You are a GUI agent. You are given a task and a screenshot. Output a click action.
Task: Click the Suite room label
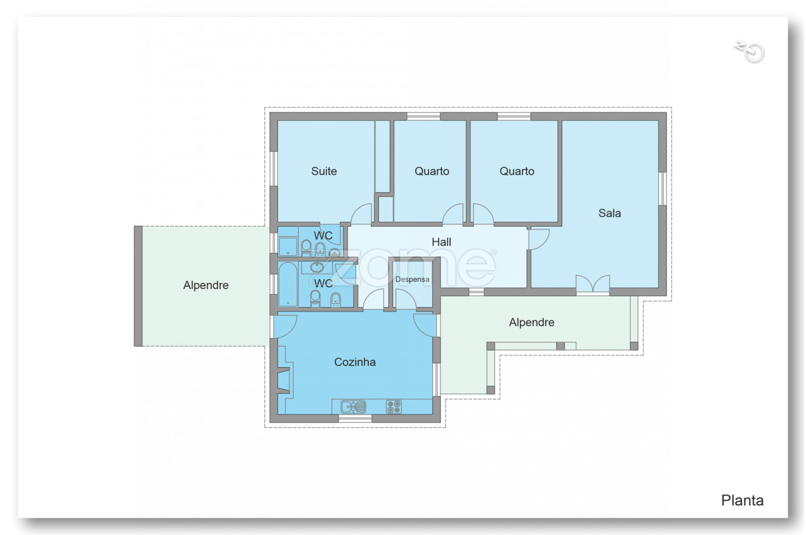pyautogui.click(x=324, y=171)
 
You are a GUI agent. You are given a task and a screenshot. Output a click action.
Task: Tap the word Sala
pyautogui.click(x=610, y=213)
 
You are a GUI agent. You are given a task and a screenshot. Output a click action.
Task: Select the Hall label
pyautogui.click(x=441, y=242)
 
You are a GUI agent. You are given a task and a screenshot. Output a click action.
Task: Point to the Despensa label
pyautogui.click(x=413, y=279)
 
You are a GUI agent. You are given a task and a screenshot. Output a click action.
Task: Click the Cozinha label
pyautogui.click(x=355, y=362)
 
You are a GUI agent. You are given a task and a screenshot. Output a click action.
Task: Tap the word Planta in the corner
pyautogui.click(x=743, y=500)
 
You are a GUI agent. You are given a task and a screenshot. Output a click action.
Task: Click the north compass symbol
pyautogui.click(x=750, y=51)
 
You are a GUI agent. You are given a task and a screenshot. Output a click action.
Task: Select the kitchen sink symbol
pyautogui.click(x=353, y=407)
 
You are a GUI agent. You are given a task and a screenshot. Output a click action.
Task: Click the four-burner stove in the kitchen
pyautogui.click(x=393, y=407)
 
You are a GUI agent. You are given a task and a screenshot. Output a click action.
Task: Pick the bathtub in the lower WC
pyautogui.click(x=288, y=284)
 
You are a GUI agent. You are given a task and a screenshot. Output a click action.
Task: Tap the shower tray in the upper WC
pyautogui.click(x=288, y=246)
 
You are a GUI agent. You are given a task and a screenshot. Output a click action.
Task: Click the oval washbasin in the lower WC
pyautogui.click(x=317, y=267)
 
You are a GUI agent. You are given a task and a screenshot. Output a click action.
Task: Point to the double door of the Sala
pyautogui.click(x=592, y=284)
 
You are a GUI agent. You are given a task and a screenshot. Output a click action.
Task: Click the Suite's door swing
pyautogui.click(x=361, y=214)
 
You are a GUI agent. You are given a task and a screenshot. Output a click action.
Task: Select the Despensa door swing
pyautogui.click(x=406, y=299)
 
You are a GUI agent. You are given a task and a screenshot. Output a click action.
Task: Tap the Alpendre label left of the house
pyautogui.click(x=206, y=285)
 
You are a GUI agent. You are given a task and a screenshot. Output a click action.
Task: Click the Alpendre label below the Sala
pyautogui.click(x=531, y=322)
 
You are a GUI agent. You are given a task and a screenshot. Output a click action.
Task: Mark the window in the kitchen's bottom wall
pyautogui.click(x=355, y=419)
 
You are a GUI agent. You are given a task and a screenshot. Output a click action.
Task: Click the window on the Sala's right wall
pyautogui.click(x=663, y=188)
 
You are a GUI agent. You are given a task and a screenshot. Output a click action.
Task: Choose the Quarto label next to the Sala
pyautogui.click(x=517, y=171)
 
